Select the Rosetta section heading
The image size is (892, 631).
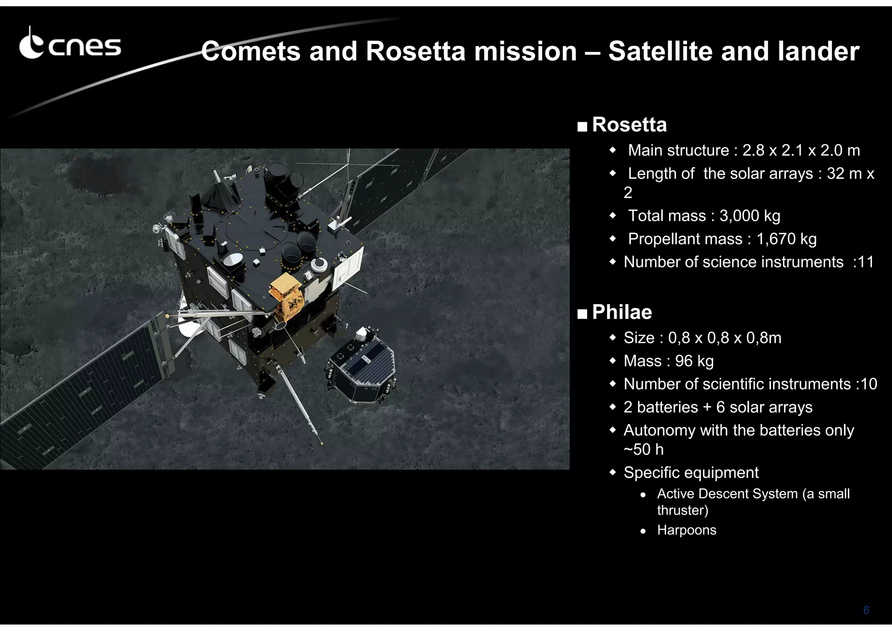(629, 125)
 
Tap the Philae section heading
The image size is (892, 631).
(622, 312)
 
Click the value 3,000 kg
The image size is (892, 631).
(750, 216)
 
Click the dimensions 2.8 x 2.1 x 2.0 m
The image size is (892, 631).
(801, 150)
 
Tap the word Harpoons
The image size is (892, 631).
(686, 530)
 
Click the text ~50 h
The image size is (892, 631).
(643, 450)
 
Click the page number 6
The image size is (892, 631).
(866, 610)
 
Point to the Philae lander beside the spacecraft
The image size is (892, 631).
(362, 368)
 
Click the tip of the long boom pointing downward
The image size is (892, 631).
(321, 443)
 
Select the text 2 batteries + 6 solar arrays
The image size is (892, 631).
(718, 407)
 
